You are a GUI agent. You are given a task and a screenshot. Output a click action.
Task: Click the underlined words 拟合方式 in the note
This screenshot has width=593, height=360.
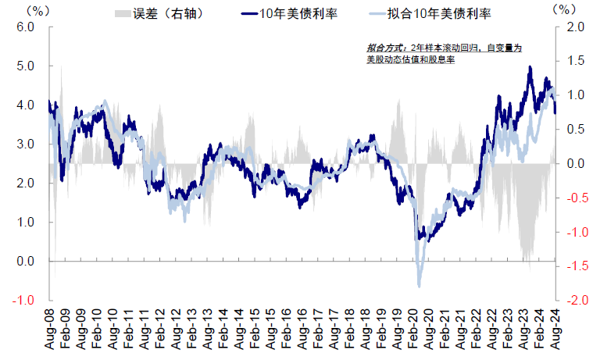point(380,48)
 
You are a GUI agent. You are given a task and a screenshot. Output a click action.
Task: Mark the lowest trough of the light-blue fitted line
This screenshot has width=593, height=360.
point(420,286)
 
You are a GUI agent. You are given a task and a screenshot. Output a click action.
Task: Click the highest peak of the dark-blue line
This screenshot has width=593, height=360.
point(530,67)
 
